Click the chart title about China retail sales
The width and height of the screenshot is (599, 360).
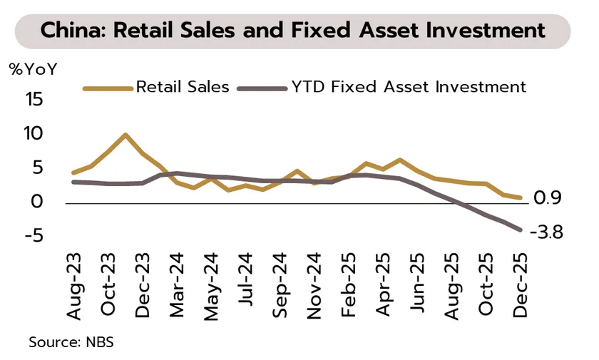click(293, 31)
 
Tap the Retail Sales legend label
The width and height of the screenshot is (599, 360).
click(183, 88)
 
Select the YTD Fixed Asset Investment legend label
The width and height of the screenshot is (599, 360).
click(409, 88)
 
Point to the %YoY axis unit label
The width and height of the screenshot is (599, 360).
click(33, 70)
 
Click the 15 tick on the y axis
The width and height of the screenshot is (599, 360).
click(34, 100)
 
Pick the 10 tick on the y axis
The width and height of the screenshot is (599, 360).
click(34, 133)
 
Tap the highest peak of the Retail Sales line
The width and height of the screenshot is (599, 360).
click(126, 135)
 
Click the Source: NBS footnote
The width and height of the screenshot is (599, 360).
click(71, 342)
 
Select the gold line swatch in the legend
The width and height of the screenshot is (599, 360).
click(108, 88)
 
